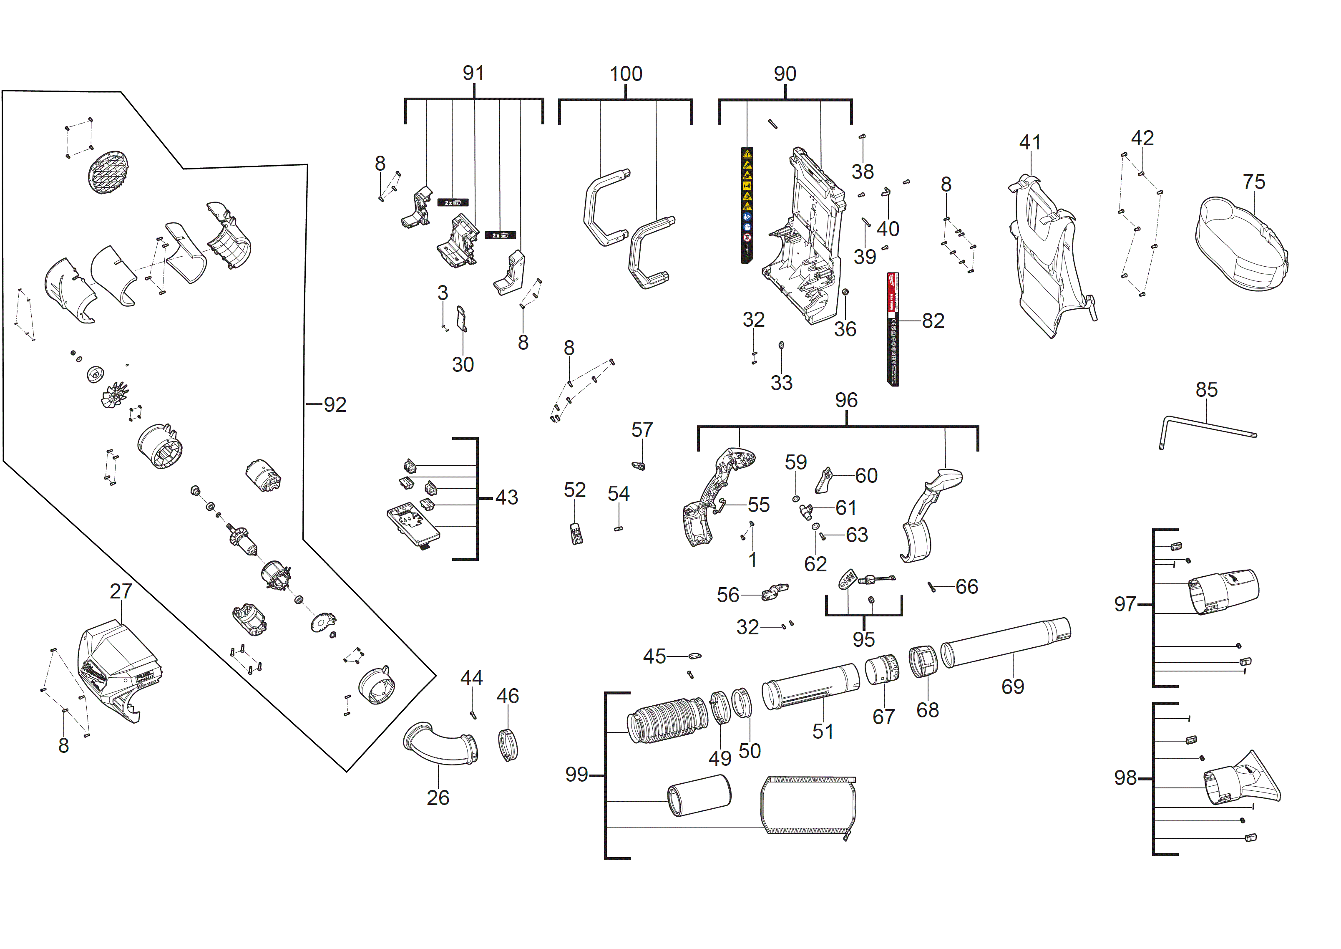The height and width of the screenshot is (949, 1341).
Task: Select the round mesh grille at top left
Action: [x=108, y=172]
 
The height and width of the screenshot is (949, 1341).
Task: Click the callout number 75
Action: [x=1253, y=182]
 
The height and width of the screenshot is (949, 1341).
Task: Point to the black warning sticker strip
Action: [x=747, y=204]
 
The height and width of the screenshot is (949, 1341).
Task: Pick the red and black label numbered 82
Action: [x=893, y=328]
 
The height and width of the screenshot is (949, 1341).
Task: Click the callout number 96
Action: [x=846, y=400]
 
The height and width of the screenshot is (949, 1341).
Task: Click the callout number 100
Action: [x=626, y=74]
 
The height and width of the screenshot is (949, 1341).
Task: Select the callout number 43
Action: [x=506, y=497]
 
